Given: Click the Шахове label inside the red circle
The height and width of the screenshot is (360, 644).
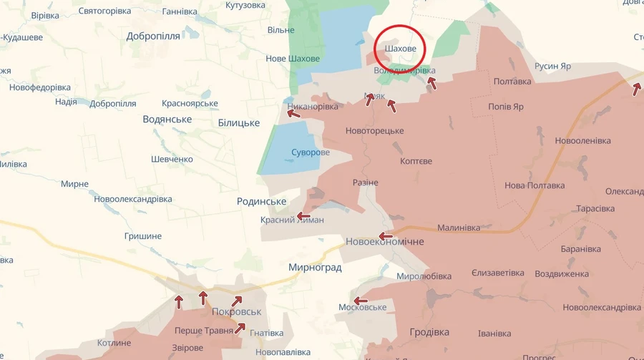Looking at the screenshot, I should pyautogui.click(x=400, y=49).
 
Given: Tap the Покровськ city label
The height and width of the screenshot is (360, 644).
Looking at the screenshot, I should pyautogui.click(x=237, y=312).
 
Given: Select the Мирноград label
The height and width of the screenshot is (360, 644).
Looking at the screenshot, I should pyautogui.click(x=315, y=268).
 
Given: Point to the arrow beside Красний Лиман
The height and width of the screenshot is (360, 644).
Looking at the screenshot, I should pyautogui.click(x=304, y=216).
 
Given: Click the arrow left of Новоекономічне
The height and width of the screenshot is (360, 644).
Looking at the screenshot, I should pyautogui.click(x=386, y=236).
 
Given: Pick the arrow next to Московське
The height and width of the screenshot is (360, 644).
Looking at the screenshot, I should pyautogui.click(x=360, y=301).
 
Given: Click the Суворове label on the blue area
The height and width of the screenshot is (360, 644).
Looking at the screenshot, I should pyautogui.click(x=311, y=152).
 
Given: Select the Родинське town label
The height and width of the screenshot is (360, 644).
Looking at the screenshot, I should pyautogui.click(x=262, y=202).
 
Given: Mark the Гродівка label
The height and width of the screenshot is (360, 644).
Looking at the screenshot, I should pyautogui.click(x=429, y=332).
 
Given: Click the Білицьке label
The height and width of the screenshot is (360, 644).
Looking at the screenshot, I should pyautogui.click(x=238, y=123).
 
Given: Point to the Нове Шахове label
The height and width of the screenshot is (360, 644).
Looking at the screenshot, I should pyautogui.click(x=293, y=59).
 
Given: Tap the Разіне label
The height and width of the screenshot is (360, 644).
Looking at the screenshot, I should pyautogui.click(x=366, y=183).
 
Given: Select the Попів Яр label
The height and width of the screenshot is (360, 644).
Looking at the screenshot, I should pyautogui.click(x=506, y=107).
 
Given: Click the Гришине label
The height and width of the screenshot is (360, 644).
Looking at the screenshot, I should pyautogui.click(x=142, y=235).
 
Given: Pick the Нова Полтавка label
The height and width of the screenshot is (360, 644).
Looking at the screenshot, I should pyautogui.click(x=535, y=185).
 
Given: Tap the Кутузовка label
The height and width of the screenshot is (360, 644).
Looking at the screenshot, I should pyautogui.click(x=245, y=6).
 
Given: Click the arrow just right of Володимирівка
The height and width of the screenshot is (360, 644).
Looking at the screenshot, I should pyautogui.click(x=431, y=82).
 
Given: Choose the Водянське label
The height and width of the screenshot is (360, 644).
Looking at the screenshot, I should pyautogui.click(x=167, y=120).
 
